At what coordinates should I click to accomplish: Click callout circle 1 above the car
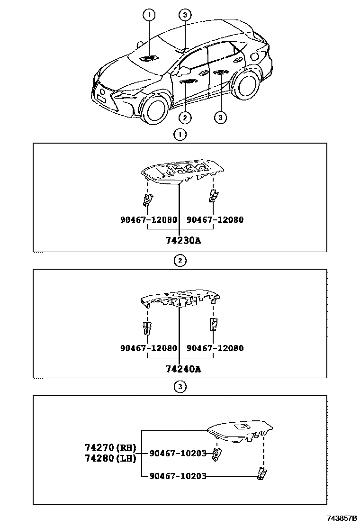(x=149, y=15)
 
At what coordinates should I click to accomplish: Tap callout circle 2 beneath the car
(x=184, y=117)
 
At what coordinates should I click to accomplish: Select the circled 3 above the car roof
(x=185, y=15)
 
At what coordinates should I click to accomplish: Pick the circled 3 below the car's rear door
(x=220, y=117)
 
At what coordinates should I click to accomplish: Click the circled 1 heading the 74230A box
(x=180, y=135)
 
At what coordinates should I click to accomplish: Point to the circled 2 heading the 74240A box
(x=180, y=260)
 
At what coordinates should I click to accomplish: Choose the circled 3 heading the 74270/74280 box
(x=180, y=387)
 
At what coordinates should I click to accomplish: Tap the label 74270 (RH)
(x=110, y=447)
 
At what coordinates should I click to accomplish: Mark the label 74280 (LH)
(x=110, y=458)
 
